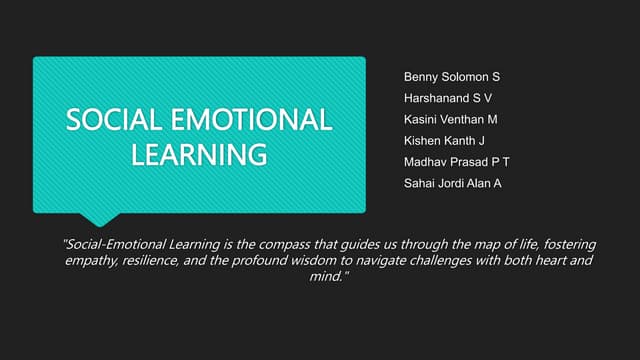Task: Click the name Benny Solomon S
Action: [x=452, y=77]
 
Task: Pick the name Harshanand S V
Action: [x=448, y=98]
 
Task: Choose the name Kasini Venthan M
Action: [x=450, y=119]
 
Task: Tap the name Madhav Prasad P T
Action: [x=457, y=161]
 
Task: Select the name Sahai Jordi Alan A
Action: [x=453, y=182]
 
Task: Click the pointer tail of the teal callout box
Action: [x=100, y=218]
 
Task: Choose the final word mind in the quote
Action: [x=328, y=276]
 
